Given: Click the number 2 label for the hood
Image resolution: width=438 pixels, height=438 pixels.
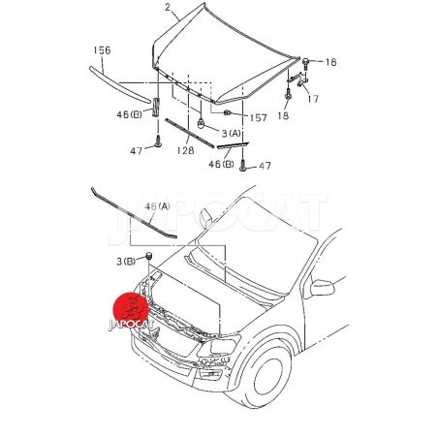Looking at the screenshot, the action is [x=168, y=7].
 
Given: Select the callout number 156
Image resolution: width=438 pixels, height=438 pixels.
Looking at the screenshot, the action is [x=102, y=50].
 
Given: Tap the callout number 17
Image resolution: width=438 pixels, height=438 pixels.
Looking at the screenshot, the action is [x=313, y=99].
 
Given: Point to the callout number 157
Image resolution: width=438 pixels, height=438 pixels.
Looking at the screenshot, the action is [x=258, y=118].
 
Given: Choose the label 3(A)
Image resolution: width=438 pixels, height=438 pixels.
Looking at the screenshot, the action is [x=231, y=133].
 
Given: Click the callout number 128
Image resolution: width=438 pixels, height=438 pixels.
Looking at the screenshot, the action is [x=185, y=150].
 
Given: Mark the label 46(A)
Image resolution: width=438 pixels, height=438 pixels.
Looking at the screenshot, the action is [x=157, y=206].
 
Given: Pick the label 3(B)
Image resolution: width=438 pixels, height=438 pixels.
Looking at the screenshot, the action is [x=126, y=261].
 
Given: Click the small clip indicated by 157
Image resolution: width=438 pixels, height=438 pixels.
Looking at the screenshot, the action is [x=227, y=112].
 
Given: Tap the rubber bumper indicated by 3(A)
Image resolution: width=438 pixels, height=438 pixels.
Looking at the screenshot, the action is [x=201, y=123].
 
